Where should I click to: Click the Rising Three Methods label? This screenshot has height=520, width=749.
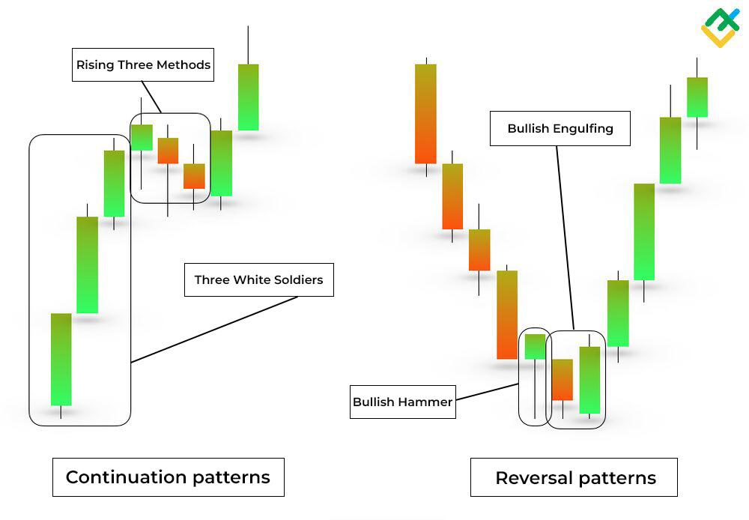[x=143, y=65]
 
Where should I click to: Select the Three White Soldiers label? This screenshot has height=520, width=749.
[x=258, y=280]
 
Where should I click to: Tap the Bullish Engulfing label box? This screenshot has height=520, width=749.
[x=560, y=129]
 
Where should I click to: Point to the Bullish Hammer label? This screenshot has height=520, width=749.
[x=403, y=402]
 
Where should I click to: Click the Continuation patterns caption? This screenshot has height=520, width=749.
[x=168, y=477]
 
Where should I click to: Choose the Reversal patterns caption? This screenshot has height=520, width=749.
[x=574, y=478]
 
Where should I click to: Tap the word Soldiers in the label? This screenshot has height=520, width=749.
[x=298, y=280]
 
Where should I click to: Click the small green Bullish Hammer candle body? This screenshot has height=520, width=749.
[x=535, y=346]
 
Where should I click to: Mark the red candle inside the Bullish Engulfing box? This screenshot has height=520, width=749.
[x=562, y=379]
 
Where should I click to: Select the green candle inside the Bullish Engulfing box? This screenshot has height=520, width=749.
[x=589, y=380]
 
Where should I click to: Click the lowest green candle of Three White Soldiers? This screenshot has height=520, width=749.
[x=61, y=359]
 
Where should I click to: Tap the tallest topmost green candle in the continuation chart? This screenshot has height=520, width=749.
[x=248, y=97]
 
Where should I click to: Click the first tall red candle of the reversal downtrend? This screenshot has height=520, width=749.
[x=425, y=114]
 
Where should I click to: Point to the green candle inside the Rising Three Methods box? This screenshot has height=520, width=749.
[x=141, y=137]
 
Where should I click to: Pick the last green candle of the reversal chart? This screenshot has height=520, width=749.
[x=697, y=97]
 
